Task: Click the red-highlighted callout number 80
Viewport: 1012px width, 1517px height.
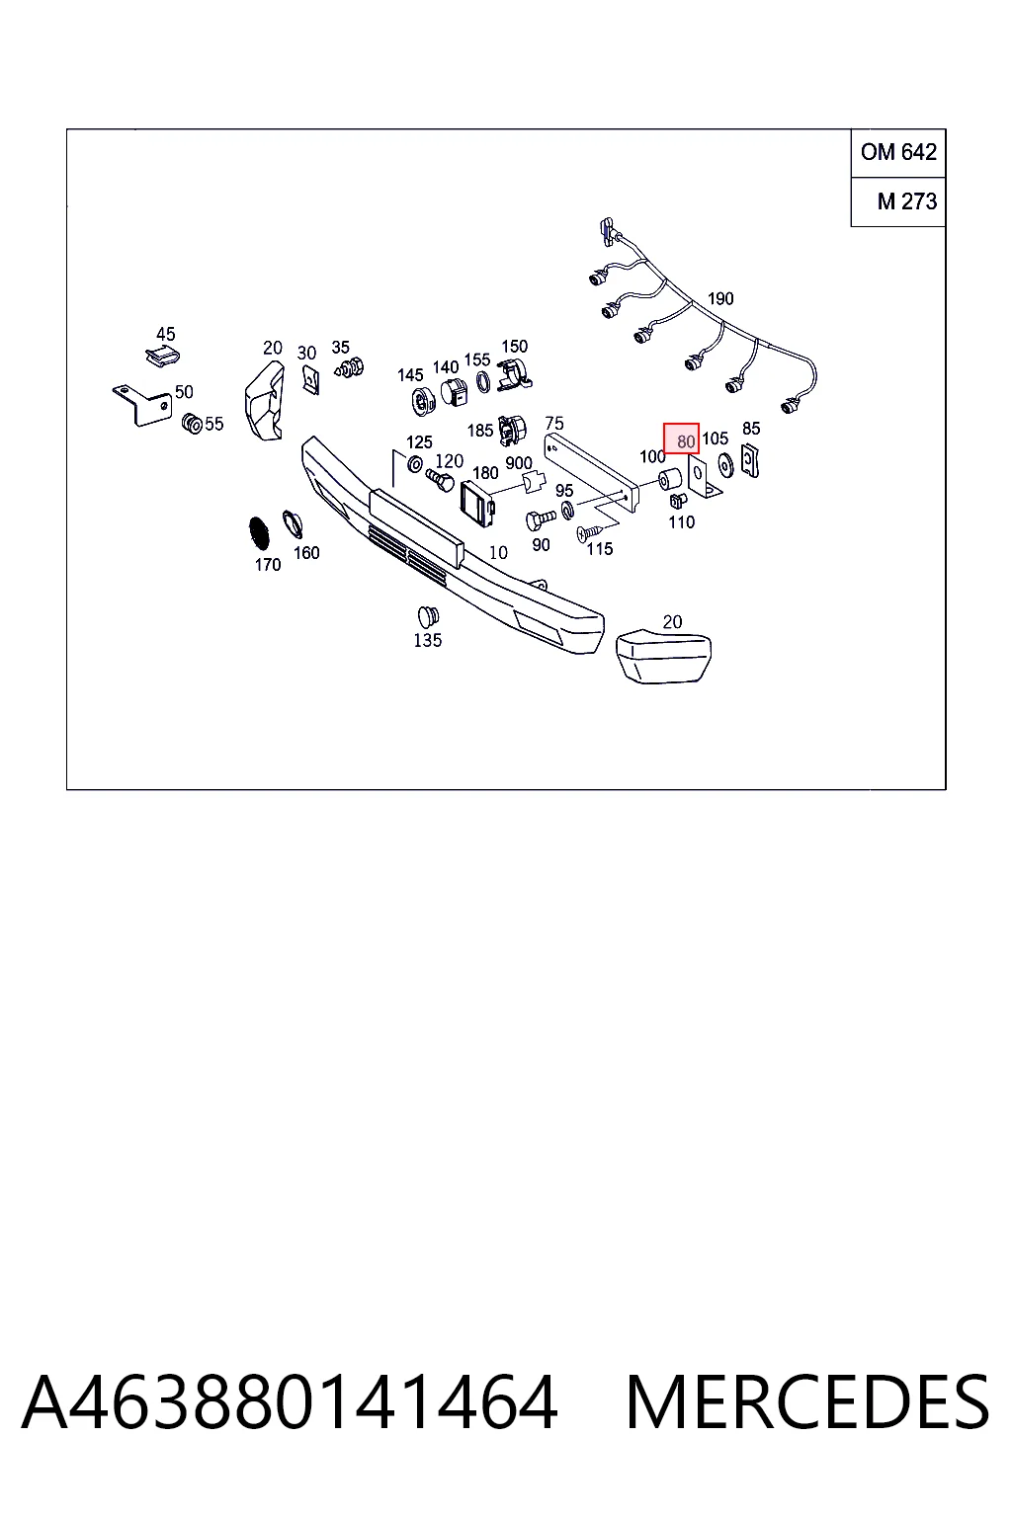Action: tap(685, 441)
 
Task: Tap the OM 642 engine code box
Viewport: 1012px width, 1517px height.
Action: tap(898, 152)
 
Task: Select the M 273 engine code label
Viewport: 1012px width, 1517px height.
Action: tap(907, 201)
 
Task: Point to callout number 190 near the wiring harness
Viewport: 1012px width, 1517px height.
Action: tap(720, 298)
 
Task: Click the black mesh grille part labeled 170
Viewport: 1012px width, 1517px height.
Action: tap(259, 533)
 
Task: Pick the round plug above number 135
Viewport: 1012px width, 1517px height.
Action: tap(428, 616)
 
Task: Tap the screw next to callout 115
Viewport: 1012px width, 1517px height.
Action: tap(589, 533)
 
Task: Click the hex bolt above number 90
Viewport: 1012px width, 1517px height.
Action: tap(541, 519)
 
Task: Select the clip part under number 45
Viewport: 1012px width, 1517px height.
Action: tap(163, 357)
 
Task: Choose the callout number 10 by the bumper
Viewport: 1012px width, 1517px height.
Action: tap(498, 553)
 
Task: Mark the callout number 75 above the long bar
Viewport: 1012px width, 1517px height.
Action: tap(554, 424)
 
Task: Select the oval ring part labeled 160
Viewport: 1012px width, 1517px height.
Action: tap(293, 522)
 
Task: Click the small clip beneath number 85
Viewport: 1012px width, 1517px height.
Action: tap(750, 460)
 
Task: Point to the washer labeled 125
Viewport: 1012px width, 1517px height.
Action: tap(415, 464)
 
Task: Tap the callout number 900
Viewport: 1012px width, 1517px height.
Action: tap(519, 463)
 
